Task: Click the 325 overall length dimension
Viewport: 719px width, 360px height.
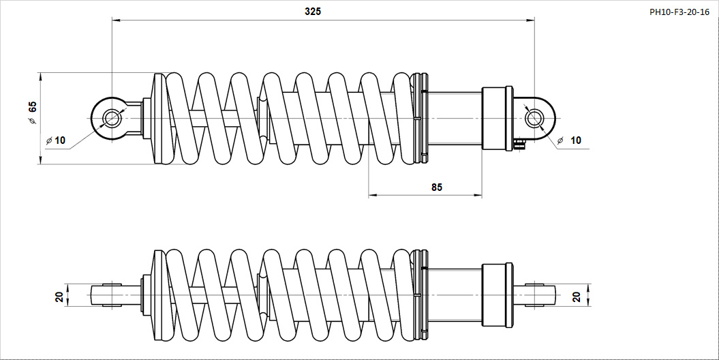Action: coord(313,12)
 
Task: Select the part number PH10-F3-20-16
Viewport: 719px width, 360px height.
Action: coord(679,12)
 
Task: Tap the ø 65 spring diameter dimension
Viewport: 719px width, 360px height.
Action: coord(31,112)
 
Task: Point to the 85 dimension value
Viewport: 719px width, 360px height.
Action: coord(437,187)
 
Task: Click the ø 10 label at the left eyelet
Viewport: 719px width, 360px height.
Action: coord(56,140)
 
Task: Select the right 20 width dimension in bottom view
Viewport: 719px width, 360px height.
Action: coord(577,297)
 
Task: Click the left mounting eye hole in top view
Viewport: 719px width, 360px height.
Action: coord(111,119)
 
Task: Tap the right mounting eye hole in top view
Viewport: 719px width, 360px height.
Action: coord(533,119)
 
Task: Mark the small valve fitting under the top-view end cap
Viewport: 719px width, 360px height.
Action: coord(519,145)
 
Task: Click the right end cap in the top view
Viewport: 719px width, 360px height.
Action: coord(498,119)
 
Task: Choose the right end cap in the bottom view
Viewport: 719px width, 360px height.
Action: coord(498,295)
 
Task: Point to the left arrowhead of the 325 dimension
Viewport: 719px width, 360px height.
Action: coord(116,20)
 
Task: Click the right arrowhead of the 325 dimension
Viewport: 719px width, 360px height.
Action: coord(530,20)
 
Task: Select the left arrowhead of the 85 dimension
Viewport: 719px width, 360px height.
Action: coord(373,196)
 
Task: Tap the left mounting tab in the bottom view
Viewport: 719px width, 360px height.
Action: coord(111,295)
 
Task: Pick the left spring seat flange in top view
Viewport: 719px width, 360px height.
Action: coord(157,119)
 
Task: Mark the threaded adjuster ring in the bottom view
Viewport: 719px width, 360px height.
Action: coord(420,295)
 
